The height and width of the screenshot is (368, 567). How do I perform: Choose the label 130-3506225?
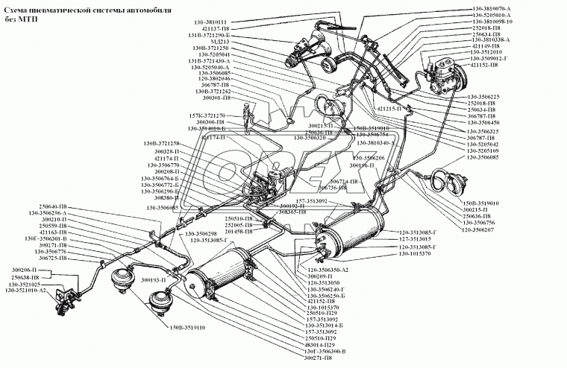click(490, 96)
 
